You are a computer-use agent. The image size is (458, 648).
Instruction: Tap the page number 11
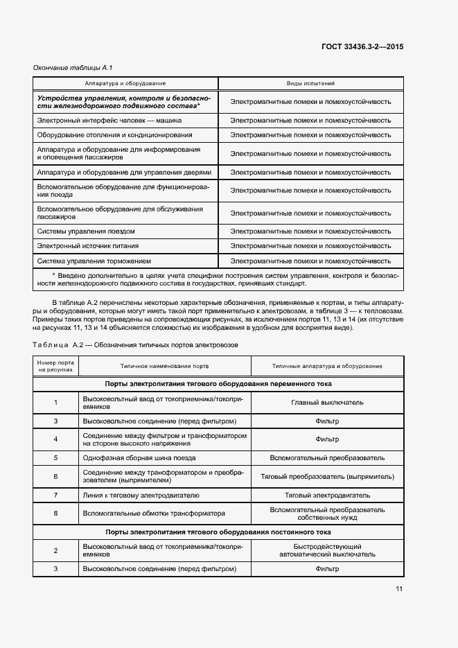399,589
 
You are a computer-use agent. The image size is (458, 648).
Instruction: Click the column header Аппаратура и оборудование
125,83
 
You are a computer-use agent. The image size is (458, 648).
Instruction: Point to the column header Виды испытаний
310,83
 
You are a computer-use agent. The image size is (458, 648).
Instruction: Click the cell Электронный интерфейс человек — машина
109,120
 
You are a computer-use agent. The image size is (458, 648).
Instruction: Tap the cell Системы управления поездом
86,231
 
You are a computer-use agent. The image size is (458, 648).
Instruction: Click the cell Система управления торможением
94,261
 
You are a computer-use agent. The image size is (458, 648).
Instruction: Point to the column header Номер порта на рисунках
55,366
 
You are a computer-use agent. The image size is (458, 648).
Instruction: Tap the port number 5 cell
55,458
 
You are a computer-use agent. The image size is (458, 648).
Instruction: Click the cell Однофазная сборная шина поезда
139,458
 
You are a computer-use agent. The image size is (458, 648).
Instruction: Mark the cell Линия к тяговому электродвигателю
141,496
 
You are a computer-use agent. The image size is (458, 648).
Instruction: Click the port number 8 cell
55,514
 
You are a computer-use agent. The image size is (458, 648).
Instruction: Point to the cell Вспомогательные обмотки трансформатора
155,514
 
